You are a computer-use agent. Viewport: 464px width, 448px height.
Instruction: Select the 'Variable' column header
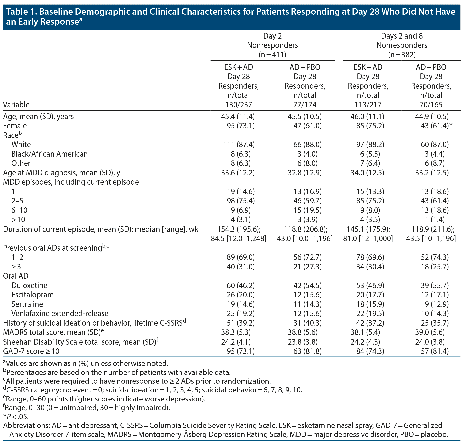(x=16, y=105)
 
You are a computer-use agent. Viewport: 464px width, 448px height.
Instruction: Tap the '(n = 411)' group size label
(x=272, y=55)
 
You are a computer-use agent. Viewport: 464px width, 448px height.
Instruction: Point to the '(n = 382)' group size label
(x=402, y=55)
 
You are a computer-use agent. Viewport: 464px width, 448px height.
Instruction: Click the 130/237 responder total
(x=238, y=105)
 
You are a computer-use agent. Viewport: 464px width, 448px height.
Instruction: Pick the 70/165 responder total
(x=431, y=105)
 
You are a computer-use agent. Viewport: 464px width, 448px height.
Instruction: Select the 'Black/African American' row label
(x=49, y=154)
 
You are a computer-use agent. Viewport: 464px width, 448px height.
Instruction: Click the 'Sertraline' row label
(x=27, y=304)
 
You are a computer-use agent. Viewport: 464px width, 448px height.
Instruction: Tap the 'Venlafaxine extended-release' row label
(x=60, y=313)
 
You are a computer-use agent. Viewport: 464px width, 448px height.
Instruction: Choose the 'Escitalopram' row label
(x=32, y=295)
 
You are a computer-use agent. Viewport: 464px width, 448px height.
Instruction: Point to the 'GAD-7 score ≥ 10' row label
(x=31, y=351)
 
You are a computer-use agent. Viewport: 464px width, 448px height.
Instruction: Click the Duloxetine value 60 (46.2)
(x=238, y=285)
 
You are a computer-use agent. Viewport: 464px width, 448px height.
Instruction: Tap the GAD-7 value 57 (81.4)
(x=435, y=351)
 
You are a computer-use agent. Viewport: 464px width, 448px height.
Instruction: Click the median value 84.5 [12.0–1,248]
(x=238, y=238)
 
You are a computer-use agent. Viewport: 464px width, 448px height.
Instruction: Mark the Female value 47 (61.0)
(x=307, y=126)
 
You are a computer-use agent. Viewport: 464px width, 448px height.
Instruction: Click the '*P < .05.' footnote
(x=16, y=417)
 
